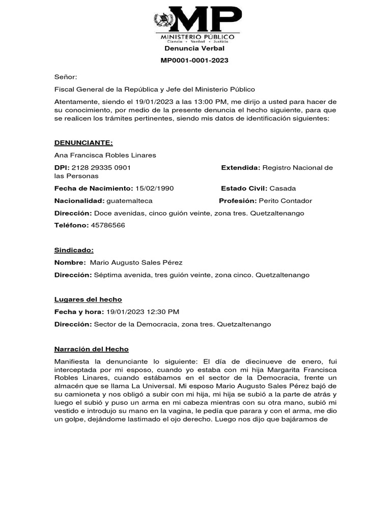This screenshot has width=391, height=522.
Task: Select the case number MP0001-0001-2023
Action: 194,60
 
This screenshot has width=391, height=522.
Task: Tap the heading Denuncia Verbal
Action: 194,48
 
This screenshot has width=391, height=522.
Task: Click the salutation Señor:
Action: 66,77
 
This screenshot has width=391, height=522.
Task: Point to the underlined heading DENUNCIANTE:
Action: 83,143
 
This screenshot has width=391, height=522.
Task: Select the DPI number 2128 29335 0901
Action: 101,168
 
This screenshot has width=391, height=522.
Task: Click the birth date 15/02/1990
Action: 154,188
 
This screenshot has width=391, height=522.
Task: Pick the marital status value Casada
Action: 283,188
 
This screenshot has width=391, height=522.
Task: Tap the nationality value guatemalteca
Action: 129,201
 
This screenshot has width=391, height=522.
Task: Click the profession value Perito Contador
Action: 285,201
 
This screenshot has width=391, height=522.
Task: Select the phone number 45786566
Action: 108,225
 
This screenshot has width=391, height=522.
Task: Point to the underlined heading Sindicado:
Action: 74,250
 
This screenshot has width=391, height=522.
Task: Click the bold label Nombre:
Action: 70,263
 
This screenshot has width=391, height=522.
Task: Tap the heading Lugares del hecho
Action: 88,299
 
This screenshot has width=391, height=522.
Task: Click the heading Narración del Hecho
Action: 92,349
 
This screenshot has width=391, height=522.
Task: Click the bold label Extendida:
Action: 241,168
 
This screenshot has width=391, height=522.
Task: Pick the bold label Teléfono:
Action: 71,225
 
